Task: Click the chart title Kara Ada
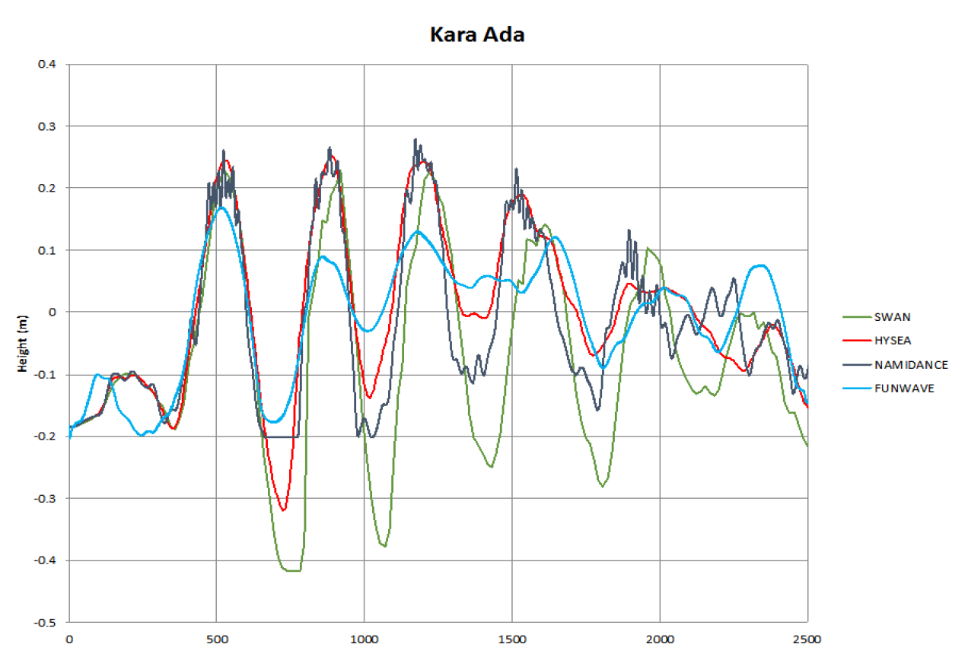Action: click(x=476, y=34)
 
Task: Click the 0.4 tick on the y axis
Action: click(x=47, y=64)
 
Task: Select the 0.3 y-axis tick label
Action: click(x=47, y=125)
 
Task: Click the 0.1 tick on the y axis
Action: click(x=47, y=250)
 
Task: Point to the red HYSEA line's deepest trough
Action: click(x=283, y=509)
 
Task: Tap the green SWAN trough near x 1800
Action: click(x=603, y=486)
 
